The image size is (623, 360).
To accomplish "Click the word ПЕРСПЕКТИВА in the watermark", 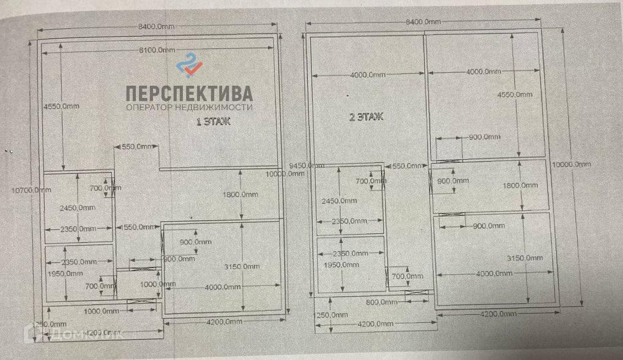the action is coord(188,93).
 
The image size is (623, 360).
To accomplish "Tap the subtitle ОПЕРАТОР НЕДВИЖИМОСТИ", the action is coord(188,108).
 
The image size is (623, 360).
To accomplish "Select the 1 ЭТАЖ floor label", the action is coord(212,122).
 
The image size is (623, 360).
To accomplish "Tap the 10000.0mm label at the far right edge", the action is coord(572,164).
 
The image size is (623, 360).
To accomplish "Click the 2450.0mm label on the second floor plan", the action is coord(338,200).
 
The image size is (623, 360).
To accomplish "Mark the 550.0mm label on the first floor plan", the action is coord(136,148).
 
